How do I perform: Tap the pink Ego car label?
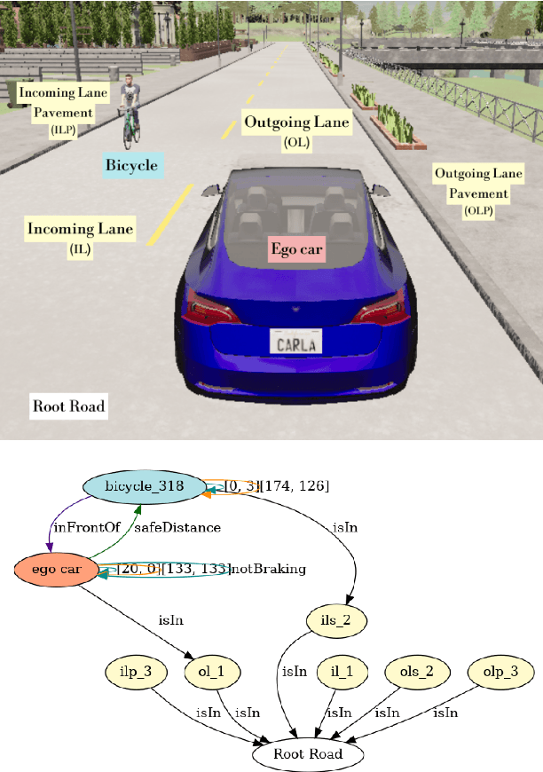(x=297, y=250)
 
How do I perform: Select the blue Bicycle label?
(x=131, y=165)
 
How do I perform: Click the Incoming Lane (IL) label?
(x=80, y=238)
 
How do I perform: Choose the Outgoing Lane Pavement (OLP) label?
(x=477, y=191)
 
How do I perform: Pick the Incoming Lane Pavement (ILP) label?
(x=63, y=110)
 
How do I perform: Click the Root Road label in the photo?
(x=68, y=407)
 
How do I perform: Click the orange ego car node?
(x=56, y=569)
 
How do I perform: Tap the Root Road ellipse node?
(x=308, y=754)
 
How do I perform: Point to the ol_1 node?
(x=209, y=672)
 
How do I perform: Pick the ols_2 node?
(x=416, y=672)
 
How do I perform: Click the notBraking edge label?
(x=269, y=569)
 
